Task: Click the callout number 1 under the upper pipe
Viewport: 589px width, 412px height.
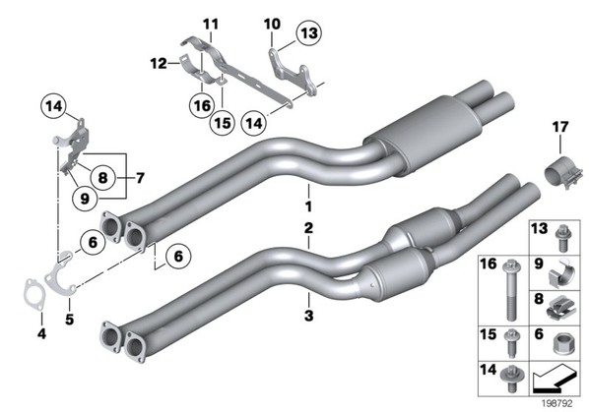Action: pos(308,206)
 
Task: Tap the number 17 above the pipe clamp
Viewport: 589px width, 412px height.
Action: pos(559,127)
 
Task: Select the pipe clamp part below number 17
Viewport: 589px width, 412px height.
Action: pos(563,174)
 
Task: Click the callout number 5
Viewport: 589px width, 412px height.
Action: pos(70,320)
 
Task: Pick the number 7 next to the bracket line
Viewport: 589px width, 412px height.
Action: pos(140,178)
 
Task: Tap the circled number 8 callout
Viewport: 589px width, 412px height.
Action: pos(102,177)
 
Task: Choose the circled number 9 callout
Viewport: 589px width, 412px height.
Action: pos(85,199)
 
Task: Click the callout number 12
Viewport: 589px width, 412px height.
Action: pos(159,63)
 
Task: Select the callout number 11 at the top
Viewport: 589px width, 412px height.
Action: pos(211,25)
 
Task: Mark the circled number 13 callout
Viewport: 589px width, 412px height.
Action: pos(309,33)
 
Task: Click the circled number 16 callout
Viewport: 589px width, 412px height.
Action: pos(202,105)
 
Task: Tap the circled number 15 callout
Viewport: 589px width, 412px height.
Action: pos(223,123)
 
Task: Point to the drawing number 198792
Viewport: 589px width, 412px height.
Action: pos(557,403)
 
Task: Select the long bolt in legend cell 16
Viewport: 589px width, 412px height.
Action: pos(509,290)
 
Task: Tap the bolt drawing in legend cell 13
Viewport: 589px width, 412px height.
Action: pos(562,238)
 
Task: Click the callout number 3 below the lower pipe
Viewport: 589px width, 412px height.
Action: pos(308,316)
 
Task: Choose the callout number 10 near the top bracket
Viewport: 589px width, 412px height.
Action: pos(272,25)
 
